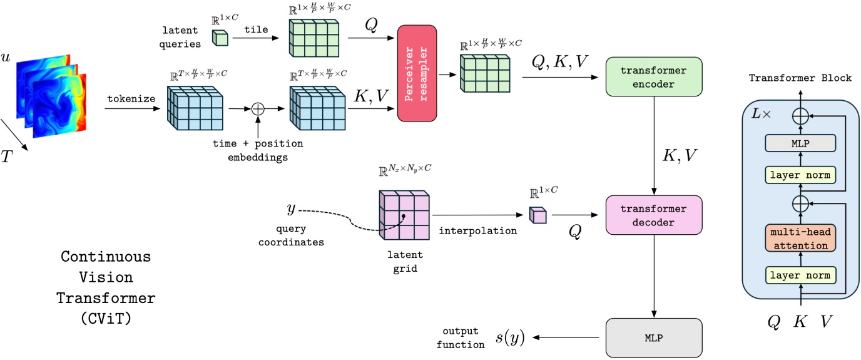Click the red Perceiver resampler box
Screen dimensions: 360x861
(x=417, y=73)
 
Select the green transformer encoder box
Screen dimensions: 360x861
(x=654, y=76)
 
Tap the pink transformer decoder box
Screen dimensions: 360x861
(x=654, y=215)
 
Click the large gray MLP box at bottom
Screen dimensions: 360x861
(x=654, y=337)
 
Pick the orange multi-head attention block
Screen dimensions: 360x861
(x=800, y=239)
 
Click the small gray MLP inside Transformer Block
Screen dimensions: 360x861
(x=800, y=144)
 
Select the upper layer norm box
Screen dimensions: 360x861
(x=800, y=175)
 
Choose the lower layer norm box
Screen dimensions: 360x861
(x=800, y=275)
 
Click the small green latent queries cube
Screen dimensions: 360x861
(x=220, y=38)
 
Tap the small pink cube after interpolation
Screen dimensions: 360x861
(x=538, y=215)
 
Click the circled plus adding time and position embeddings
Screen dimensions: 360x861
(x=258, y=109)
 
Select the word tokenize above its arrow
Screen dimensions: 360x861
(x=130, y=98)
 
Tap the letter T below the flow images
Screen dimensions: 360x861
(x=7, y=157)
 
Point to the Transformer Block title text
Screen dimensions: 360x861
(x=800, y=78)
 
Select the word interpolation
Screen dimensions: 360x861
(x=477, y=230)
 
